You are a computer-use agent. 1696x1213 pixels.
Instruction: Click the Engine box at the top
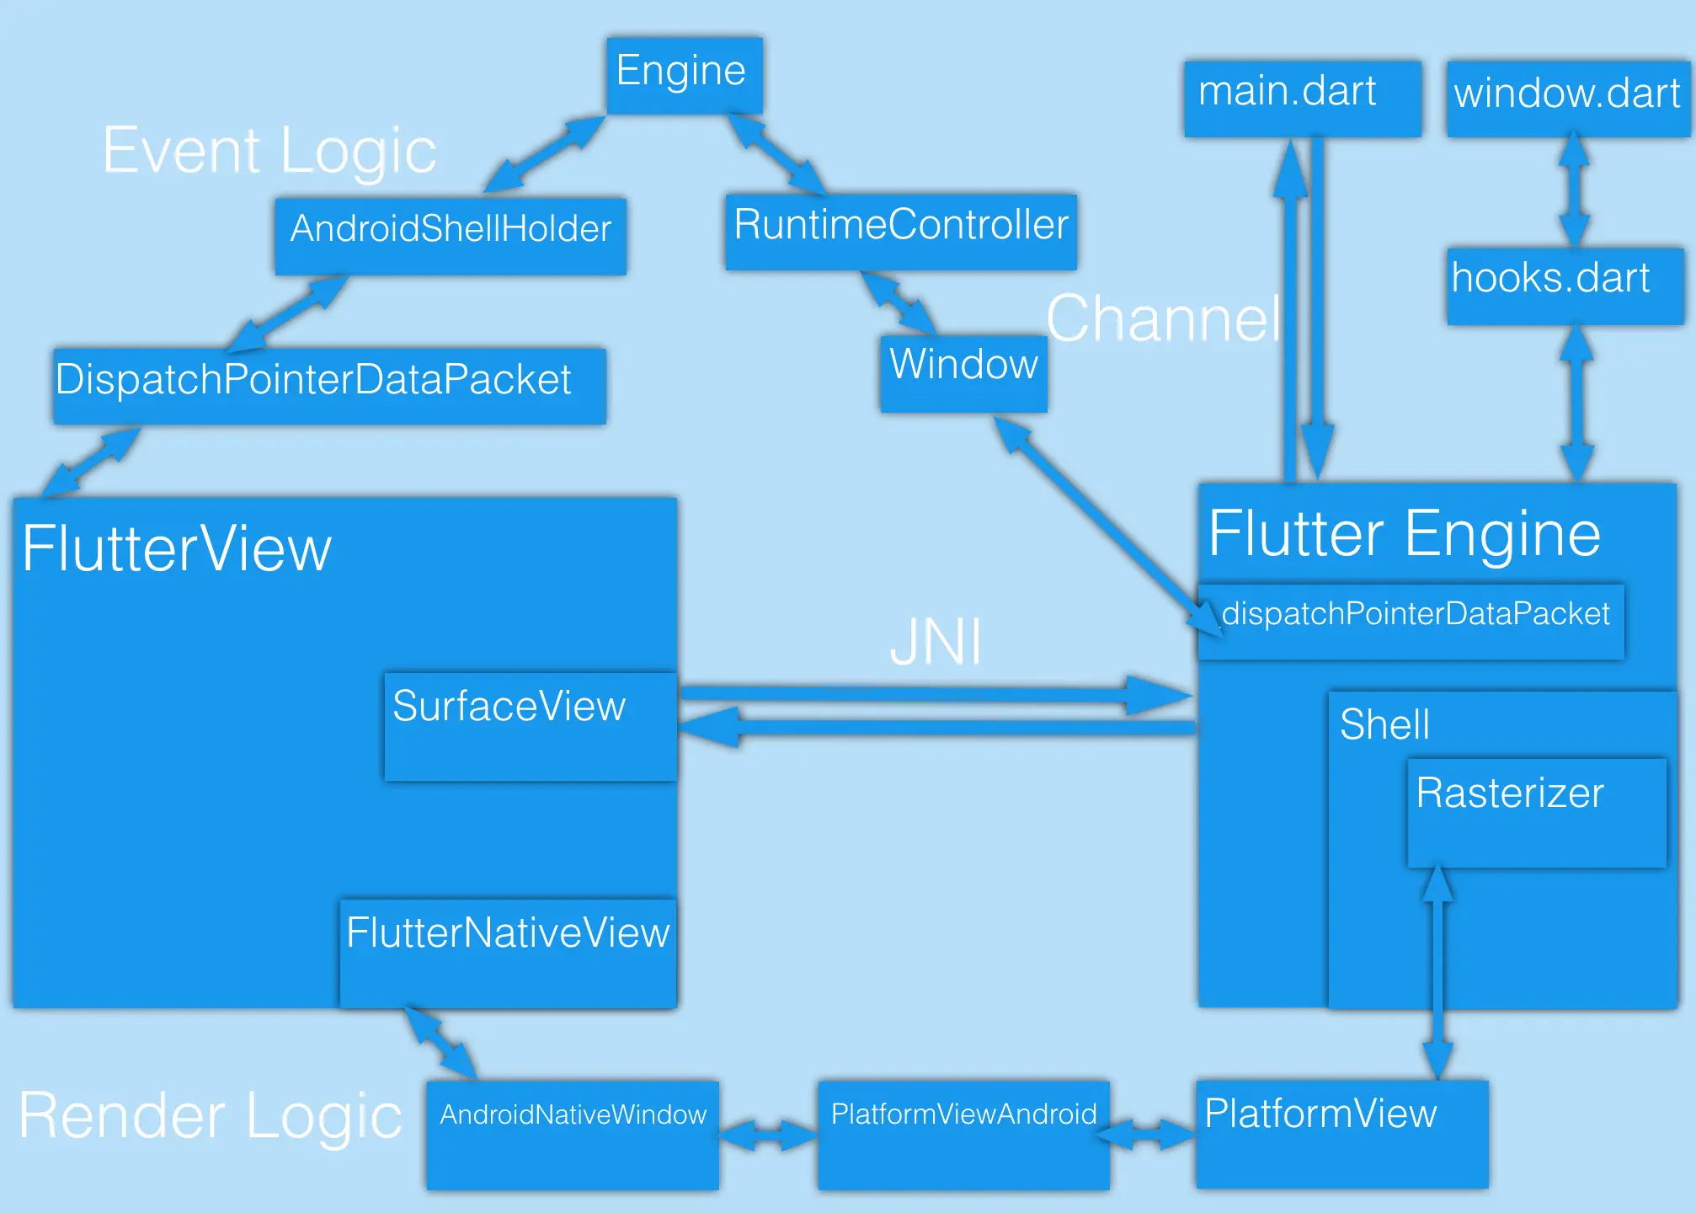point(684,74)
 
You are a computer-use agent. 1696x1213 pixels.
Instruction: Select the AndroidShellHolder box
point(451,235)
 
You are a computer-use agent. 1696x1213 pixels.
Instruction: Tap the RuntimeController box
point(900,231)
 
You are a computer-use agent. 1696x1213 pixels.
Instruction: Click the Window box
point(963,372)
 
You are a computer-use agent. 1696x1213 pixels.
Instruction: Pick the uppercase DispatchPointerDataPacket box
point(328,385)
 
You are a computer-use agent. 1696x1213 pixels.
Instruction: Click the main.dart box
point(1302,98)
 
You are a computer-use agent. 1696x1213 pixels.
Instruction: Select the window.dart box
point(1567,98)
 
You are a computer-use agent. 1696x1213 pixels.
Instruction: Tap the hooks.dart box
point(1565,285)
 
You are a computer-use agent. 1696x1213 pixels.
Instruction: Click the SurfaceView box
point(531,725)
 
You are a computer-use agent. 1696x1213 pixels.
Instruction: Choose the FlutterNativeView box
point(508,952)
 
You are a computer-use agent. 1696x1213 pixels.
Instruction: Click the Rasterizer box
point(1536,812)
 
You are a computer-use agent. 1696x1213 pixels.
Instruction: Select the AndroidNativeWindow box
point(573,1134)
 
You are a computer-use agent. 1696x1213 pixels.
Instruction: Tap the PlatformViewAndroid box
point(963,1134)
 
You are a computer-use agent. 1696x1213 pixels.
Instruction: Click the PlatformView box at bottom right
point(1341,1133)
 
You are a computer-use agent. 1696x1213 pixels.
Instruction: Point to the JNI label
point(935,642)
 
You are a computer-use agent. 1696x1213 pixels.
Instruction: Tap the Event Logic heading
point(269,152)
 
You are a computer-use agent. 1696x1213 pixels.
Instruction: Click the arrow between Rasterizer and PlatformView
point(1437,973)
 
